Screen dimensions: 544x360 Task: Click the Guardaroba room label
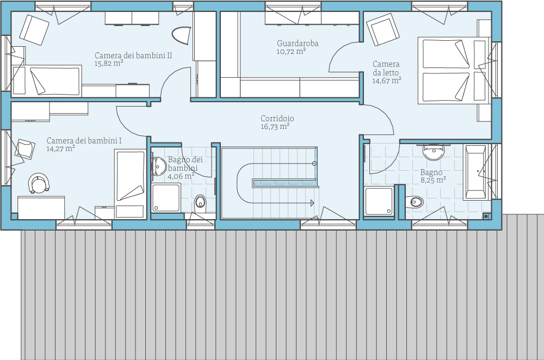click(298, 44)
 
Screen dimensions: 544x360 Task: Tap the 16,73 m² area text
click(275, 127)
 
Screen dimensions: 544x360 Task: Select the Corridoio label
click(277, 118)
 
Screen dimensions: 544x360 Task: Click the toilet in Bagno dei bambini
click(200, 201)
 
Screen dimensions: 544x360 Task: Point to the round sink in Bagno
click(434, 152)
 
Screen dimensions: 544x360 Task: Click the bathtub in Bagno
click(475, 172)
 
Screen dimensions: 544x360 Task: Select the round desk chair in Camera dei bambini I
click(38, 183)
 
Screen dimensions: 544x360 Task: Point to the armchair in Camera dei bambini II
click(34, 30)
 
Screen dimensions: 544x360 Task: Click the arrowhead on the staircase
click(312, 203)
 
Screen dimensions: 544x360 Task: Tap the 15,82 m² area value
click(109, 64)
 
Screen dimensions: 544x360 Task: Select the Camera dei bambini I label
click(84, 140)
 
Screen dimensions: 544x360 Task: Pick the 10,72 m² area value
click(291, 51)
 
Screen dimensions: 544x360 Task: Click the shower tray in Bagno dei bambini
click(166, 198)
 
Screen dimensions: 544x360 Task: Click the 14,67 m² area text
click(387, 81)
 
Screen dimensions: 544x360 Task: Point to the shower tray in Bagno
click(379, 201)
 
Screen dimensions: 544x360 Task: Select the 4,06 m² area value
click(181, 176)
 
